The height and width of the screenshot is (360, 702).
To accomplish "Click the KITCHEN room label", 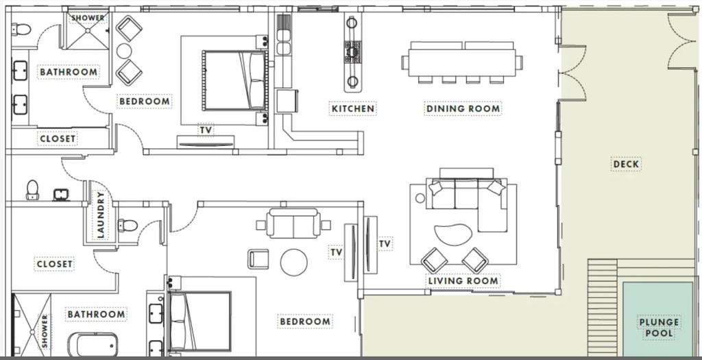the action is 353,109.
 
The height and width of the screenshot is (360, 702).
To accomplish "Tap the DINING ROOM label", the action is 463,109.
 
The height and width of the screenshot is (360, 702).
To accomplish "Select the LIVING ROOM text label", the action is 463,281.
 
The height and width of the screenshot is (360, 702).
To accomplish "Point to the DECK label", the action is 626,165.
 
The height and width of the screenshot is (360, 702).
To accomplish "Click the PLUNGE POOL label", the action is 659,328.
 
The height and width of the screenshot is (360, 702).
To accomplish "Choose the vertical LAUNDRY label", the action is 100,215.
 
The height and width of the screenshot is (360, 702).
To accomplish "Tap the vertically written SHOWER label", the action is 45,331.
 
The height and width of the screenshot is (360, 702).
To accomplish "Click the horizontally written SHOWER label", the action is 88,18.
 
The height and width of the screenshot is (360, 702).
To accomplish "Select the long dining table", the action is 462,62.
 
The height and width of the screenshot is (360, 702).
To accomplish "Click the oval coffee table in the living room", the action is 453,235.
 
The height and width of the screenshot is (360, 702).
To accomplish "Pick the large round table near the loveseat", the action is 293,263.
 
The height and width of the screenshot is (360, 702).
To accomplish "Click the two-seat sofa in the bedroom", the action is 293,223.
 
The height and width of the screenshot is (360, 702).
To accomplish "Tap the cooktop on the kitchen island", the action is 352,51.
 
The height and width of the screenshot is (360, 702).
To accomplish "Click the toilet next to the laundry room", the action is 128,225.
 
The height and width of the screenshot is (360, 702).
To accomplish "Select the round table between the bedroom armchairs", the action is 124,51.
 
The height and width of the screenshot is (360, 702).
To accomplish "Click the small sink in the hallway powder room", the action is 61,195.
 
